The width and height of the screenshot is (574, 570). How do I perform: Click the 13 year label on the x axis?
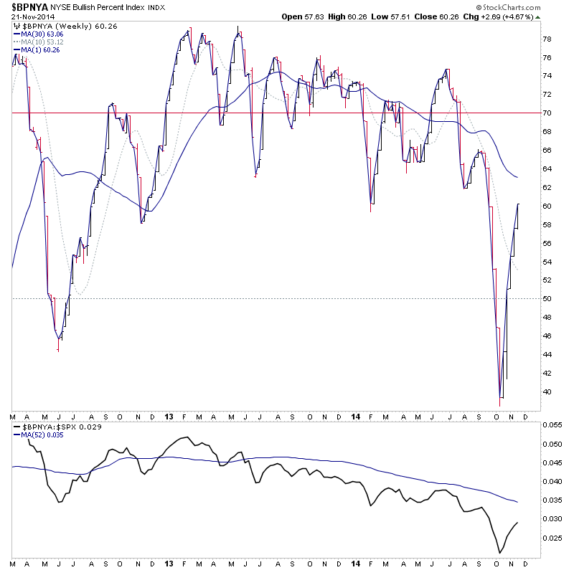[x=168, y=417]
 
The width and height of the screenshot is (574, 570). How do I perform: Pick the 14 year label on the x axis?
[x=356, y=417]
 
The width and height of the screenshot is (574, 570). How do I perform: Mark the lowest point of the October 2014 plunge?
[x=500, y=406]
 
